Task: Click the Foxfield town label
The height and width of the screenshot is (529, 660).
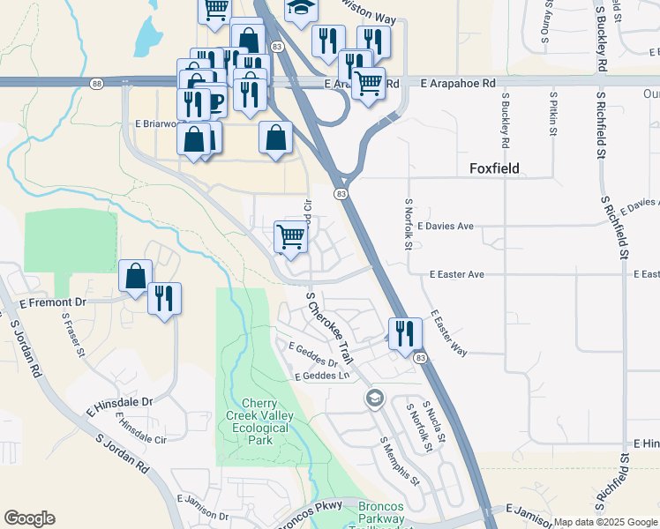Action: click(494, 168)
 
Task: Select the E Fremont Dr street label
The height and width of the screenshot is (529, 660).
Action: click(53, 302)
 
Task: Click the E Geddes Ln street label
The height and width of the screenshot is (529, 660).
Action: click(322, 376)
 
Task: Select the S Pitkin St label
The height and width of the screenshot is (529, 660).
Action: click(553, 112)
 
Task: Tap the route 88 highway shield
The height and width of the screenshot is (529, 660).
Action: click(96, 84)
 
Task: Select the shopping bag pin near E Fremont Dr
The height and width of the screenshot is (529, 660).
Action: click(136, 276)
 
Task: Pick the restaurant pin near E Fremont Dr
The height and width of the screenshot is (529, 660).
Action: click(164, 298)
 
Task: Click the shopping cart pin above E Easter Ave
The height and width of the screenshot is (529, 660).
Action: click(290, 236)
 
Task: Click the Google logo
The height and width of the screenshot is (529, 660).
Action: click(29, 519)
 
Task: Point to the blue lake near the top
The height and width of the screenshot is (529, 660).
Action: click(147, 36)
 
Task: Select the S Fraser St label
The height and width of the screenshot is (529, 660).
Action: click(73, 338)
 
